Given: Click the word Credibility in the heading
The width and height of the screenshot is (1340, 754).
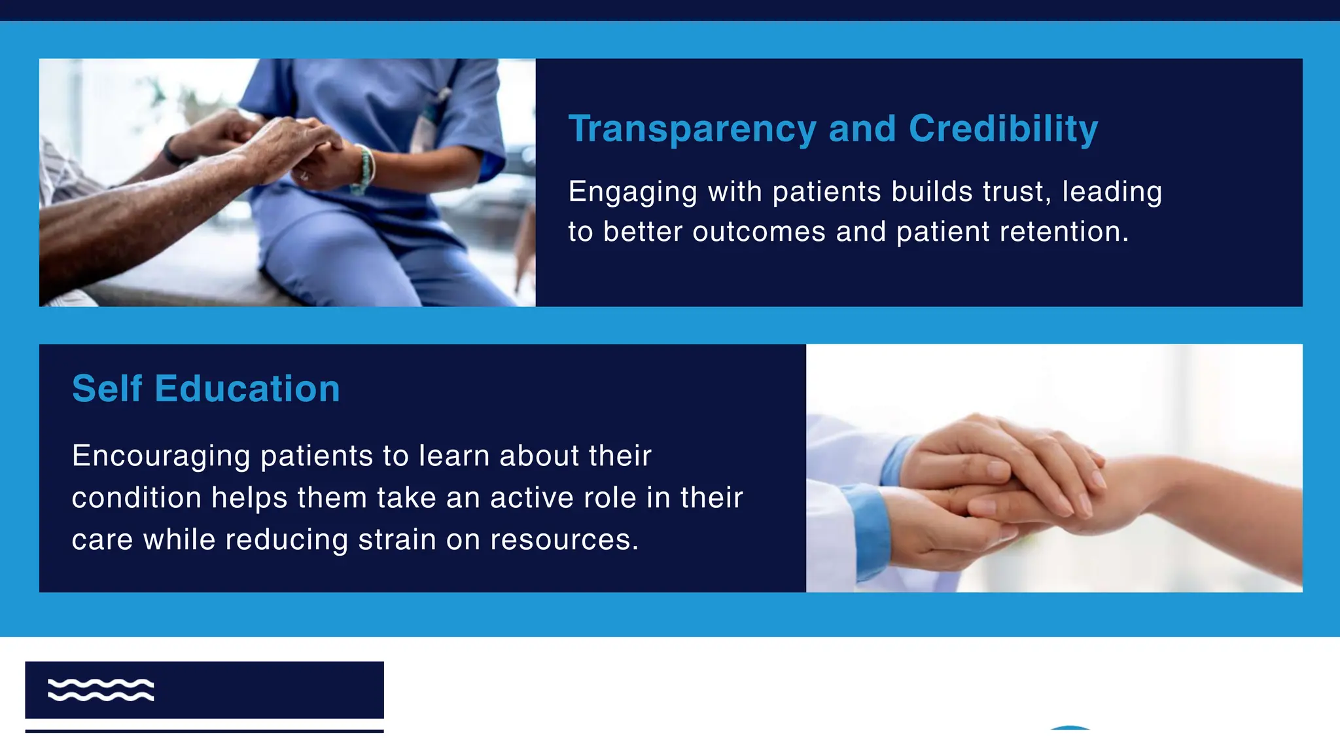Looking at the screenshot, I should [1003, 128].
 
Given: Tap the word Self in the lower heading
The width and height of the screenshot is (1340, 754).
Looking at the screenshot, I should [107, 389].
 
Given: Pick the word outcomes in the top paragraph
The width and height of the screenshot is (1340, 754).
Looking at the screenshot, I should [759, 232].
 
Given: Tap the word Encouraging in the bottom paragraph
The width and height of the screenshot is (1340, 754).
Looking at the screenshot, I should [161, 456].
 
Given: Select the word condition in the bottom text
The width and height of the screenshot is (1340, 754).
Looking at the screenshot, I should [136, 498].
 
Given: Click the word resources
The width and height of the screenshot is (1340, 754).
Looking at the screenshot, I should [563, 540].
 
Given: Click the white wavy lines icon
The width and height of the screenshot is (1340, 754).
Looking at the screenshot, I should [101, 690].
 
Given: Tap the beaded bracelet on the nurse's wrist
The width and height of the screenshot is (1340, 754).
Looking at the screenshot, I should [364, 170].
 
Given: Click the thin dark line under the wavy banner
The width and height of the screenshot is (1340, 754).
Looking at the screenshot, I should [204, 730].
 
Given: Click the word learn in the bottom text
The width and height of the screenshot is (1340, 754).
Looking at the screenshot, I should [453, 456].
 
